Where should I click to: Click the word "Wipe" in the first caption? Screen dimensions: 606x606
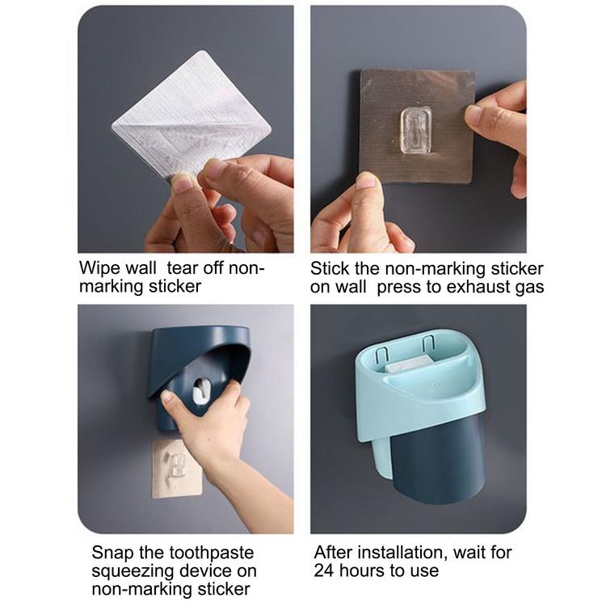[98, 267]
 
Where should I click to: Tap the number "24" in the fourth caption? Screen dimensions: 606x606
[324, 570]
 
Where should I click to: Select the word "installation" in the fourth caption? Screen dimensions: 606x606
[402, 553]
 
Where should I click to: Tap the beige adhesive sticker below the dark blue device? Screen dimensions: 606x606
[177, 468]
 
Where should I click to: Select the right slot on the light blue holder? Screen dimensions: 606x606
[427, 344]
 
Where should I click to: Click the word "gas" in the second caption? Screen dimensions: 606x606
[529, 288]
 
